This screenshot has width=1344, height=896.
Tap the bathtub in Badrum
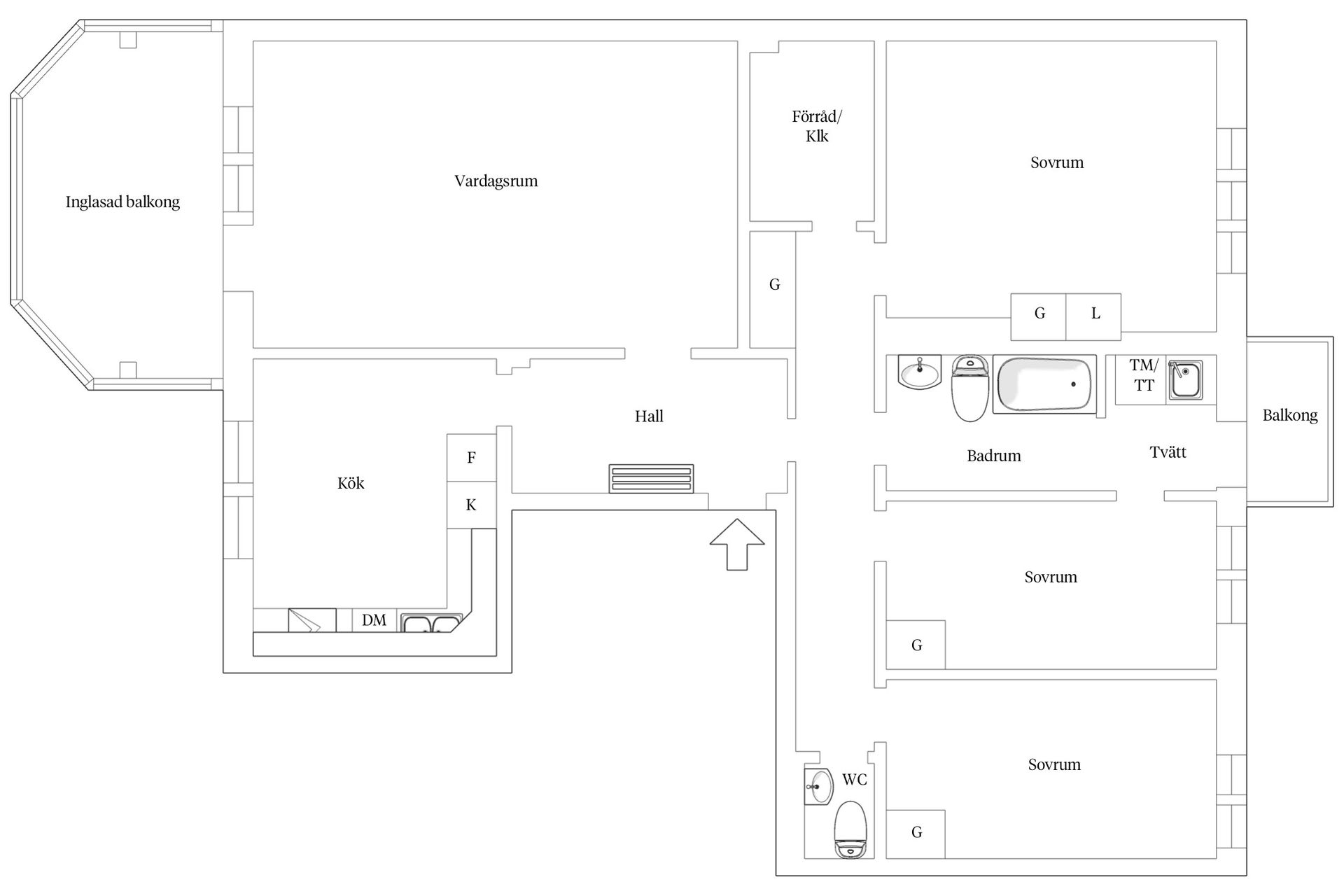pos(1044,384)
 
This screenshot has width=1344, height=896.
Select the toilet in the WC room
pos(851,830)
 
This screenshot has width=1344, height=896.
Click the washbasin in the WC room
pos(818,786)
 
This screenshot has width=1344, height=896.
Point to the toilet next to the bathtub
pos(970,388)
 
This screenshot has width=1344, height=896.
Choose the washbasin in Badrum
pos(919,372)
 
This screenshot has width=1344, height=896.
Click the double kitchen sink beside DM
pos(431,623)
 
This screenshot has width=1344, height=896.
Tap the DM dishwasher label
pos(374,620)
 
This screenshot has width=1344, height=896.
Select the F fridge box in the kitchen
pos(472,458)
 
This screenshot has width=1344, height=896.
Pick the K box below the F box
pos(472,505)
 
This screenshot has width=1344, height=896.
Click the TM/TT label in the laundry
pos(1144,375)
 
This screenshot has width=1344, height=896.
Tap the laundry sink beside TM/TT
pos(1185,379)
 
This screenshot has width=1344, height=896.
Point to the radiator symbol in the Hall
pos(651,479)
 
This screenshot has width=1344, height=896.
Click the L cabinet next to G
pos(1093,316)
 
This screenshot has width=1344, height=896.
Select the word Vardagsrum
pos(496,181)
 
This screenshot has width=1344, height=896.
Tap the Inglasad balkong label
pos(122,202)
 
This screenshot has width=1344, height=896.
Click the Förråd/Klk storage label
pos(817,126)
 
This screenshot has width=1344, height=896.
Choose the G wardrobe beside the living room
pos(773,290)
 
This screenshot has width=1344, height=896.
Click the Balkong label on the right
pos(1290,416)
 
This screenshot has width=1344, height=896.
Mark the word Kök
pos(351,483)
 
